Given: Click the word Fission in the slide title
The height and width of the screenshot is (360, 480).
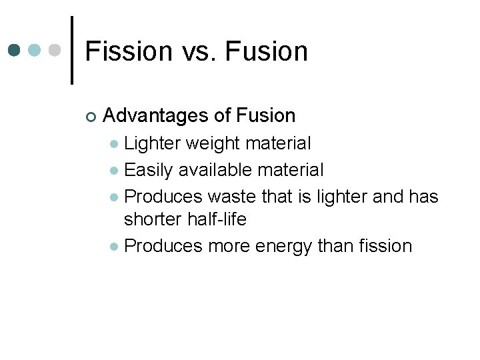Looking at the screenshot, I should pos(129,51).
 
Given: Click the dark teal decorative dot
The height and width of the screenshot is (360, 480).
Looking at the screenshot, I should pos(15,51).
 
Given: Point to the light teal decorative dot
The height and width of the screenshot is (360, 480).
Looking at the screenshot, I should pos(35,51).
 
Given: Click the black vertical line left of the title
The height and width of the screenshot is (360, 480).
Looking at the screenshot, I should pos(72,51).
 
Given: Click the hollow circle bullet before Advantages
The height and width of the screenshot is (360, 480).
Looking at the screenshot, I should pos(91,117).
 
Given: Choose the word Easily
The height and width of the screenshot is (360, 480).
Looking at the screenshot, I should pos(150,170).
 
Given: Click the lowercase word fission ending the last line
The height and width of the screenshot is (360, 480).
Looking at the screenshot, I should pos(383,246).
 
